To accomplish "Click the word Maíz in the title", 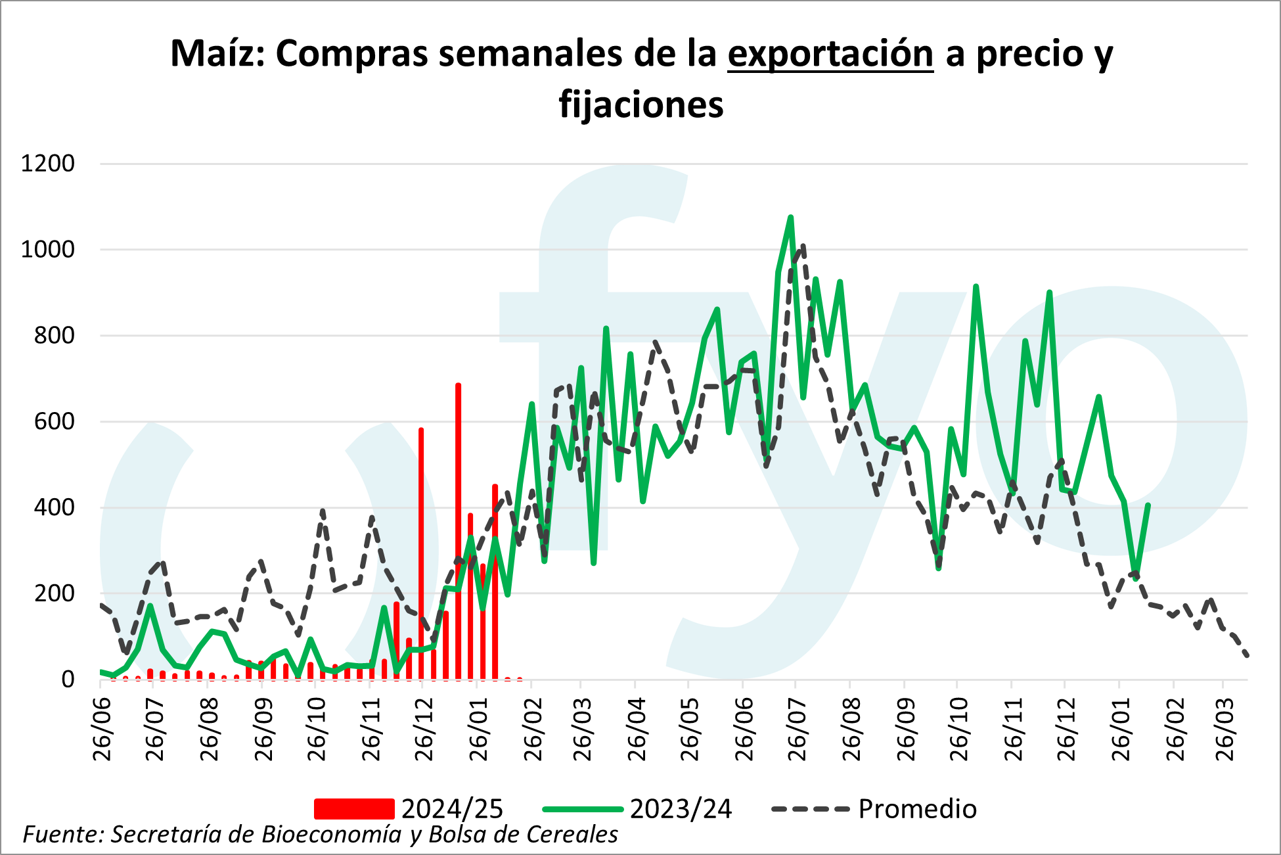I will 217,54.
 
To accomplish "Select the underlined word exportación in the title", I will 830,54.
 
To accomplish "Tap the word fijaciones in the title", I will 641,105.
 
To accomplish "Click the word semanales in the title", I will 531,54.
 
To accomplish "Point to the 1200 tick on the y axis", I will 48,164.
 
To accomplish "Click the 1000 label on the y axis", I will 48,250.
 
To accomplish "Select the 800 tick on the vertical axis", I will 54,336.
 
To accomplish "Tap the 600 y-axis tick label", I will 54,422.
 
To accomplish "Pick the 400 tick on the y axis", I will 54,508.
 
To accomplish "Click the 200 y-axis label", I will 54,594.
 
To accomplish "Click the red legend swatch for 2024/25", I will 354,809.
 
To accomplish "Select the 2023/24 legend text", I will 681,809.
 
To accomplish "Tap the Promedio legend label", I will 917,809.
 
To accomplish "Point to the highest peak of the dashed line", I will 803,246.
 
